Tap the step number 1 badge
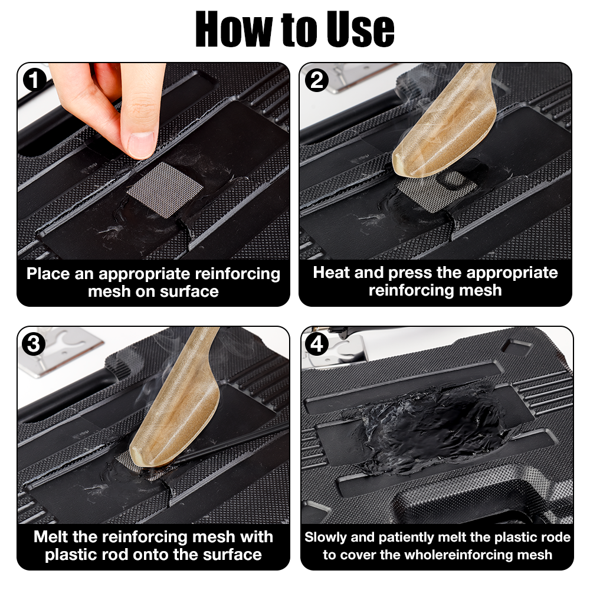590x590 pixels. click(36, 80)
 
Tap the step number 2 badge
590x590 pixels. click(317, 80)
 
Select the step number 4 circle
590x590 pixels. click(317, 344)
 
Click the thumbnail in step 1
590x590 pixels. click(140, 145)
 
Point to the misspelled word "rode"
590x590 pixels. click(555, 537)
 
